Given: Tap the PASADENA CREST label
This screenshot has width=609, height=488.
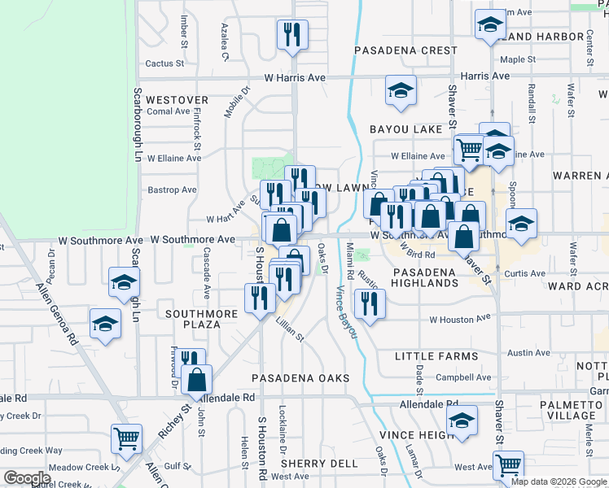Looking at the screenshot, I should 406,50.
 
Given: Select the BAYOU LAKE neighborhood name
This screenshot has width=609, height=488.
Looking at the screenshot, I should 405,129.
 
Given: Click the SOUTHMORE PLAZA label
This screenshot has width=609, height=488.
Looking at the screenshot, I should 193,319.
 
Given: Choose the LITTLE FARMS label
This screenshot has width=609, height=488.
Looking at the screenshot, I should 436,356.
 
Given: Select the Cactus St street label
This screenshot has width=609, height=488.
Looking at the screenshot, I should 165,63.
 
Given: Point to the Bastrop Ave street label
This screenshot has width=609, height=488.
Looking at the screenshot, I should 173,190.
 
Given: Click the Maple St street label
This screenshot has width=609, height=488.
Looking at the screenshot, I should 518,59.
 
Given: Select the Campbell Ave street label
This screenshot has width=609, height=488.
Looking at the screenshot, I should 458,377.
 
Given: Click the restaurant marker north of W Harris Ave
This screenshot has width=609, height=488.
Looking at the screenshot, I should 292,34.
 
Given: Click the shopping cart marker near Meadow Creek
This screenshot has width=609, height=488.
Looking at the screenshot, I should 126,439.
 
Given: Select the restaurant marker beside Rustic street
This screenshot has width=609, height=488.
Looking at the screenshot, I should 370,303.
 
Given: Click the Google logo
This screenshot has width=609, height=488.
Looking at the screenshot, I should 27,478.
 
